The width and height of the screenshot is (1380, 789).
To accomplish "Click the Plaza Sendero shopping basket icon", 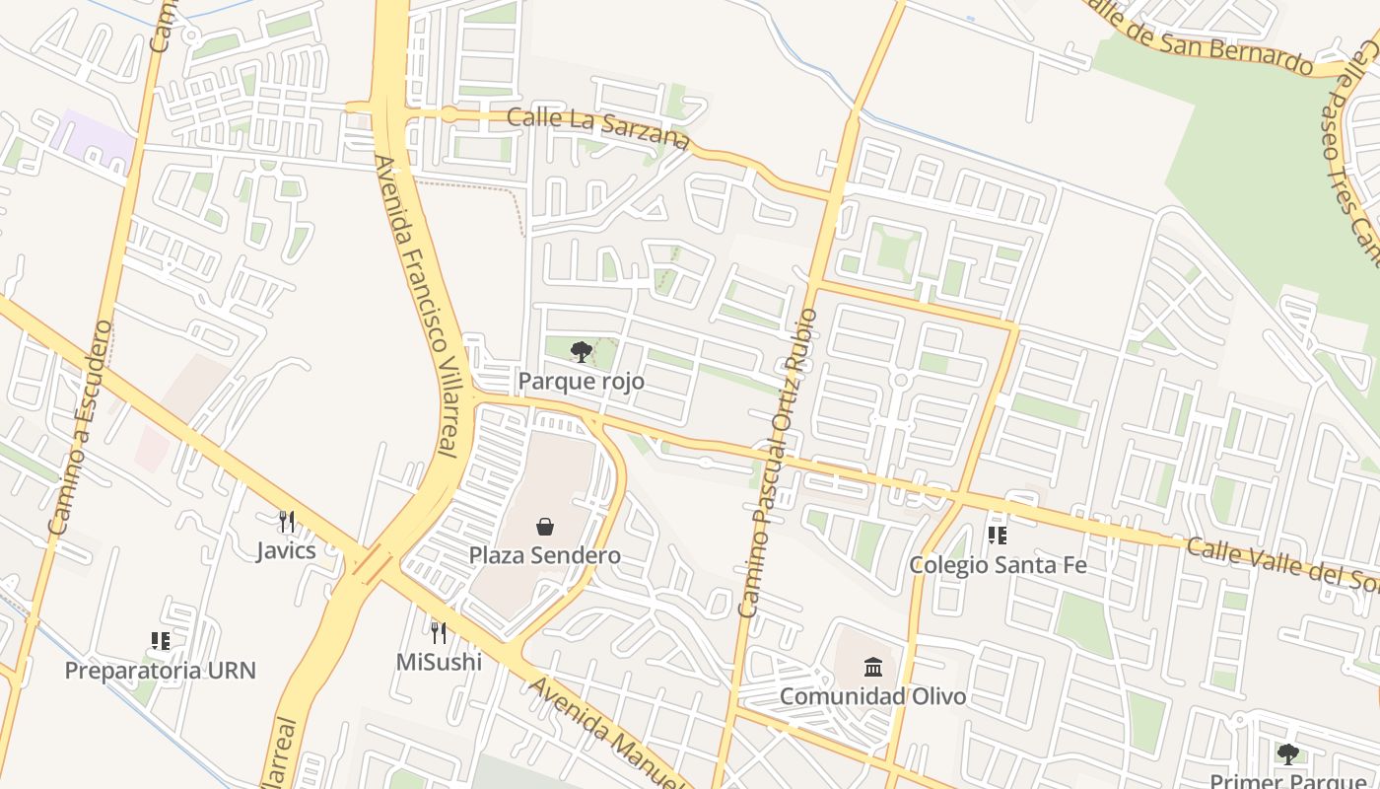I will pos(544,528).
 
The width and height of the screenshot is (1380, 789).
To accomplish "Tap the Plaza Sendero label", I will pos(544,555).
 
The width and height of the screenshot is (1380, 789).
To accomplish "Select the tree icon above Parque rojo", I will pos(582,351).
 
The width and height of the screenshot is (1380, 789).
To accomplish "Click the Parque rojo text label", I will pos(582,381).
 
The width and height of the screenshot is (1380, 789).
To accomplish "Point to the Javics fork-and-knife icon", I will pos(287,521).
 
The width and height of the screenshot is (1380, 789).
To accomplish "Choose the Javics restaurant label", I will pos(287,550).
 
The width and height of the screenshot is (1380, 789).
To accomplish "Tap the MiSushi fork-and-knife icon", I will pos(439,632).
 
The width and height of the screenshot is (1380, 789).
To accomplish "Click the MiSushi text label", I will pos(439,662).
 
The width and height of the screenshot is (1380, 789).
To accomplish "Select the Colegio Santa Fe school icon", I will pos(998,536).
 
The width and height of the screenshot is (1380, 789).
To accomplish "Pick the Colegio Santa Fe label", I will pos(998,565).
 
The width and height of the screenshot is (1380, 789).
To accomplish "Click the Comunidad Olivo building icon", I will pos(873,668).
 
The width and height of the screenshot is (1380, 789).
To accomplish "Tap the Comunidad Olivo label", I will pos(873,696).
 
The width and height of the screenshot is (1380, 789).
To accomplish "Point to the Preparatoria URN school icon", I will pos(161,642).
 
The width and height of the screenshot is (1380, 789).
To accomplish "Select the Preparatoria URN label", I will pos(161,672).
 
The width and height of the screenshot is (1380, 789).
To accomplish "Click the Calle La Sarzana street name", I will pos(598,129).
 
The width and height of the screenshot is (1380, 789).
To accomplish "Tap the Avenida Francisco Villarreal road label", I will pos(420,306).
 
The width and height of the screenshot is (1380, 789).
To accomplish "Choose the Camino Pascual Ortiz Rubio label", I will pos(778,464).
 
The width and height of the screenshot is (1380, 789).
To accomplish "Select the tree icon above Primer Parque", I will pos(1287,754).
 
